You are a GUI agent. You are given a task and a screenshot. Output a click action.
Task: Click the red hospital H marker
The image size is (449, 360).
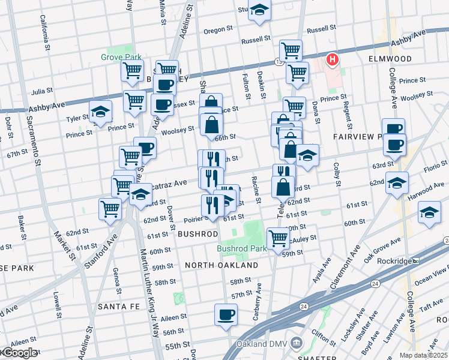tap(331, 59)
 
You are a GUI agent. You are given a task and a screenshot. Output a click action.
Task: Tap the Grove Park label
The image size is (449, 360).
tap(121, 58)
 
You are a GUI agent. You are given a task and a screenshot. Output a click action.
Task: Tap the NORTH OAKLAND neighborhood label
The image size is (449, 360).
tap(221, 265)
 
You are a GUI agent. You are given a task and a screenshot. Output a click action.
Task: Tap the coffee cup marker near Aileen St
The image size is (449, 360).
tap(226, 314)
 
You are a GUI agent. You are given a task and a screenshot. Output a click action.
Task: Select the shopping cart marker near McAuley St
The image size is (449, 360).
tap(278, 239)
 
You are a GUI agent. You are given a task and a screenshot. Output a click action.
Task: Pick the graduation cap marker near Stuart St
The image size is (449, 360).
tap(259, 10)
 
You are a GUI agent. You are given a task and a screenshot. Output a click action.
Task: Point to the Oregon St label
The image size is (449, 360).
tap(218, 29)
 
